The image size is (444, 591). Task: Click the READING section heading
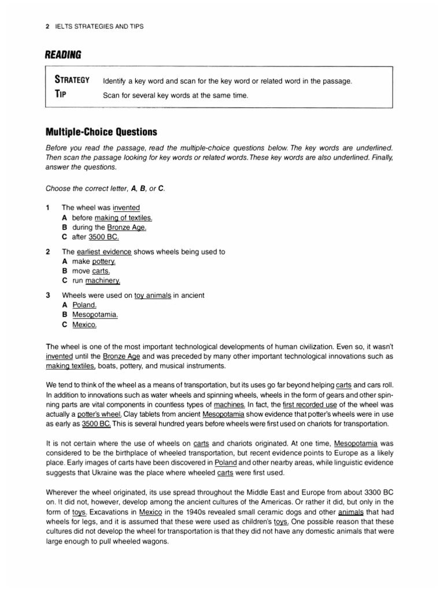[63, 55]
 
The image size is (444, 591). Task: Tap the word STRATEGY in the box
[72, 80]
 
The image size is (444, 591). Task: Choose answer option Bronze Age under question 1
[127, 227]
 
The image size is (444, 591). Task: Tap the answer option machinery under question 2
[103, 281]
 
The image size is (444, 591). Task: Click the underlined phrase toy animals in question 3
[153, 295]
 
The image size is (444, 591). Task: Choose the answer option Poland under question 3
[84, 305]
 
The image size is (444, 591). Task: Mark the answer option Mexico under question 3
[84, 325]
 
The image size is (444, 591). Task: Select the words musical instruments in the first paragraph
[199, 366]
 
